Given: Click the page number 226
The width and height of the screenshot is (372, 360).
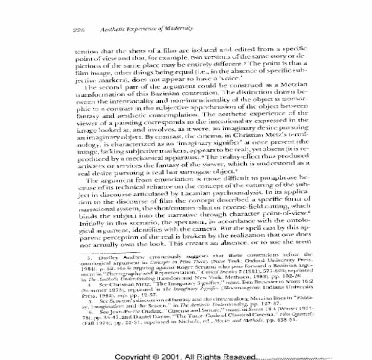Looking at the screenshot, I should (x=79, y=30).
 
